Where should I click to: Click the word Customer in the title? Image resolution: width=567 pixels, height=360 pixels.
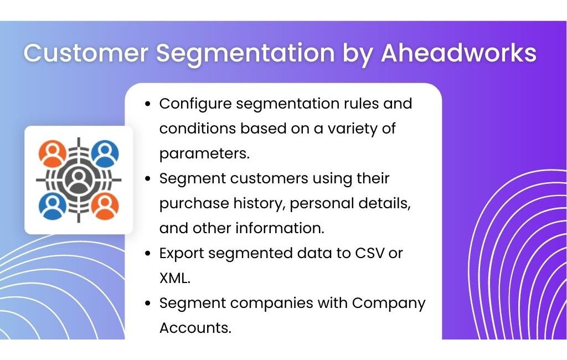[x=86, y=53]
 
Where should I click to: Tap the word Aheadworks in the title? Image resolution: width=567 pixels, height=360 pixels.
[x=458, y=53]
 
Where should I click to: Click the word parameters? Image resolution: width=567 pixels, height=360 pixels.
[x=204, y=154]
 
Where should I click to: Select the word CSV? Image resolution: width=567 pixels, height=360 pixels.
[x=369, y=253]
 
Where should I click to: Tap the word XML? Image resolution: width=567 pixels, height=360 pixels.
[x=174, y=278]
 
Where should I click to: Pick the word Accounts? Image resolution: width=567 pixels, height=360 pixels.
[x=195, y=328]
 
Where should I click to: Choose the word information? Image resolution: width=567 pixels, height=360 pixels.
[x=280, y=228]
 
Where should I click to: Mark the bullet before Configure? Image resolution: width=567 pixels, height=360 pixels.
[x=147, y=104]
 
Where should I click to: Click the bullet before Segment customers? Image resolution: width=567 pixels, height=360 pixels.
[x=147, y=179]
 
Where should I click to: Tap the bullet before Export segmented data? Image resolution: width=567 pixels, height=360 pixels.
[x=147, y=254]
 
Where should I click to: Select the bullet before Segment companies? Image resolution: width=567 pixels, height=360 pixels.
[x=147, y=303]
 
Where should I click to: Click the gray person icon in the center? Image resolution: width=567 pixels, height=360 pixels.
[x=79, y=180]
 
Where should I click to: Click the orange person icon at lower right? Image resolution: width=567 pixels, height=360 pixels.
[x=105, y=206]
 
